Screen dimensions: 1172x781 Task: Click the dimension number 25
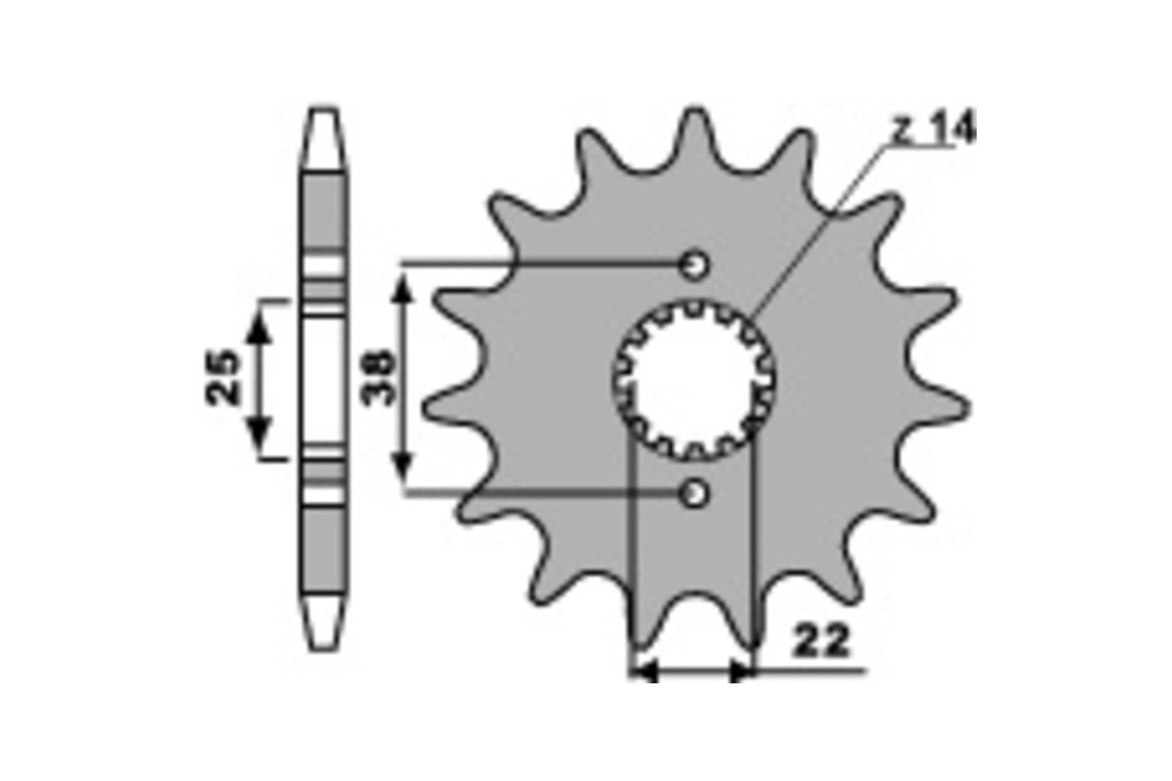(222, 378)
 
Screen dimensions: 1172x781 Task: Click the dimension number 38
(377, 378)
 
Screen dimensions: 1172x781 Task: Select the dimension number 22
(821, 640)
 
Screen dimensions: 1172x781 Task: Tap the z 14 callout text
(935, 127)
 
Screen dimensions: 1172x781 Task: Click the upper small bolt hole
(694, 266)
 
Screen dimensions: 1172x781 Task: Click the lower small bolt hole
(694, 493)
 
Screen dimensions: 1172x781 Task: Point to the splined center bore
(694, 381)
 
